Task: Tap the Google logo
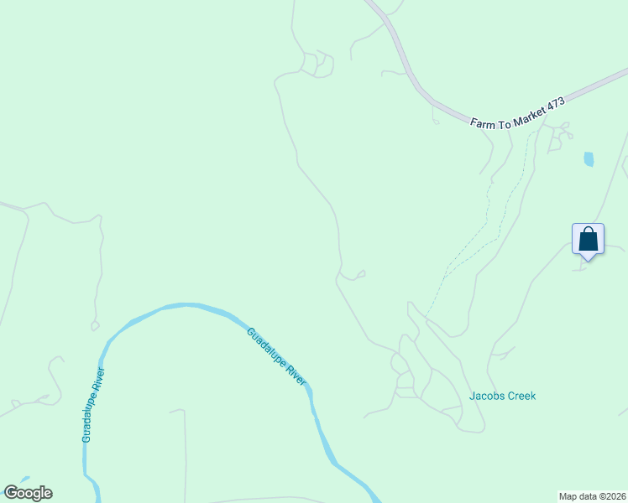click(28, 493)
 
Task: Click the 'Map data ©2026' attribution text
click(592, 496)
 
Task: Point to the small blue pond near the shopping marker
click(589, 158)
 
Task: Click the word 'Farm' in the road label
click(483, 122)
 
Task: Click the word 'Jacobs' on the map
click(485, 396)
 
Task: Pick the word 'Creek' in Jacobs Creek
click(521, 396)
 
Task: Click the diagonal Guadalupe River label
click(276, 356)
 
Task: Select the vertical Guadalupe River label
click(92, 405)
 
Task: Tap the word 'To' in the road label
click(503, 117)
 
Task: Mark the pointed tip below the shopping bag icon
click(588, 259)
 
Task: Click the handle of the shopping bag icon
click(588, 230)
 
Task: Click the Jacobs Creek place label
click(502, 396)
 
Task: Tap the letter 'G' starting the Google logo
click(11, 493)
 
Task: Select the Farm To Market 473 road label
click(518, 112)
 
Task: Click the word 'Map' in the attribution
click(568, 496)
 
